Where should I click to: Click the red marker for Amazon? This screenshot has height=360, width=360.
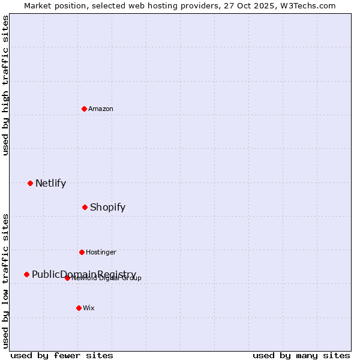[x=85, y=109]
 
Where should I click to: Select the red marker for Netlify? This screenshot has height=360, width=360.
[x=30, y=183]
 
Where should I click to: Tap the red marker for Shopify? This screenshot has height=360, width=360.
[x=85, y=207]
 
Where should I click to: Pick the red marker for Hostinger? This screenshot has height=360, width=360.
[x=82, y=252]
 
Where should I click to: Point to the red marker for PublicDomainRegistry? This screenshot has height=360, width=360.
[x=26, y=274]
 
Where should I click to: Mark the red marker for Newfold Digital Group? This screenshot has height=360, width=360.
[x=67, y=278]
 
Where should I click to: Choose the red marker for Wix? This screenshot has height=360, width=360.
[x=79, y=308]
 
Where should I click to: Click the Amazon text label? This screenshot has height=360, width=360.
[x=101, y=109]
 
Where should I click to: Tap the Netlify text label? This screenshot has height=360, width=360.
[x=50, y=183]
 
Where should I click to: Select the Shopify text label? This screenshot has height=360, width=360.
[x=107, y=207]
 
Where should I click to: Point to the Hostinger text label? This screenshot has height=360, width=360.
[x=101, y=252]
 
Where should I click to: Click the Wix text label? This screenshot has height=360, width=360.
[x=89, y=308]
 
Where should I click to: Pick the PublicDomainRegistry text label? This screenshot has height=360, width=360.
[x=84, y=274]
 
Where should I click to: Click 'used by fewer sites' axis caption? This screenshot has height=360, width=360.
[x=62, y=355]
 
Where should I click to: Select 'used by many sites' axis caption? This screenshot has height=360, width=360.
[x=301, y=355]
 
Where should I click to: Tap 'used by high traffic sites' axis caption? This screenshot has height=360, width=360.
[x=5, y=85]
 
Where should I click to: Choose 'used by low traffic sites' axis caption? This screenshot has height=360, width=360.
[x=5, y=280]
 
